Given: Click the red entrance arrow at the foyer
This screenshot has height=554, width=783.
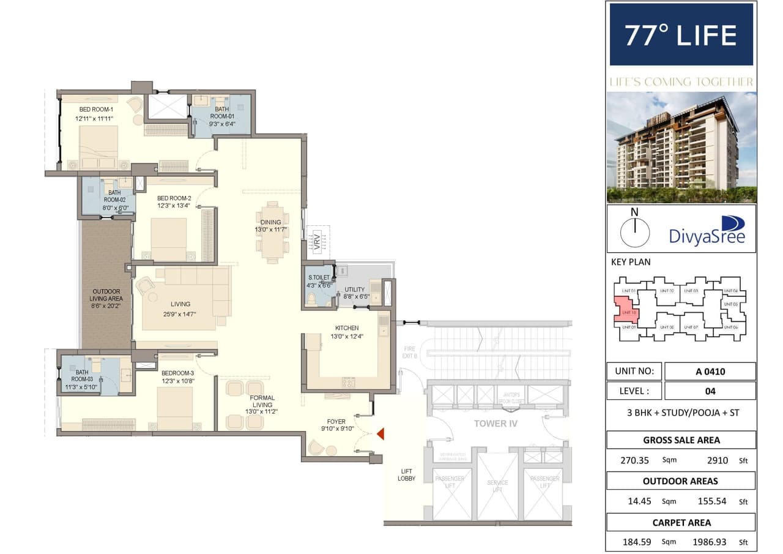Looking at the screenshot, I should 380,435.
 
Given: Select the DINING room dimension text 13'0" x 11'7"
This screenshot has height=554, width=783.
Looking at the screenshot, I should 271,230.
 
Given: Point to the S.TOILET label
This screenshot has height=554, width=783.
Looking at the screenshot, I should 318,278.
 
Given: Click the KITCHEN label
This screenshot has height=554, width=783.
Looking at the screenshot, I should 346,328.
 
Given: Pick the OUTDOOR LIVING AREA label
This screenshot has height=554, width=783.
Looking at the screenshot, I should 106,295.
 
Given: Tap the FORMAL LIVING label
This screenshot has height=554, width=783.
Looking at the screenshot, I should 262,402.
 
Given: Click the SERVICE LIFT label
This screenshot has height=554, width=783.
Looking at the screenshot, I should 497,487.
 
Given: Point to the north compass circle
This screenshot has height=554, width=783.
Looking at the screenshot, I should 635,233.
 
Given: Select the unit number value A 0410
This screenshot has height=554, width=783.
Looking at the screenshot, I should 710,371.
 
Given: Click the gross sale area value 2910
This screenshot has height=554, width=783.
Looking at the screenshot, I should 710,460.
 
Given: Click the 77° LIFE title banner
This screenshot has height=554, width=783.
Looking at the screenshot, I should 681,35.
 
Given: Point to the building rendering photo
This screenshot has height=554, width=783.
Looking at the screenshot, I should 681,148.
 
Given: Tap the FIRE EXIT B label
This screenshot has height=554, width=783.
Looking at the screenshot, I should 409,352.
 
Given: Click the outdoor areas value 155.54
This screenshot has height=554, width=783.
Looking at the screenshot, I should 711,501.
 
